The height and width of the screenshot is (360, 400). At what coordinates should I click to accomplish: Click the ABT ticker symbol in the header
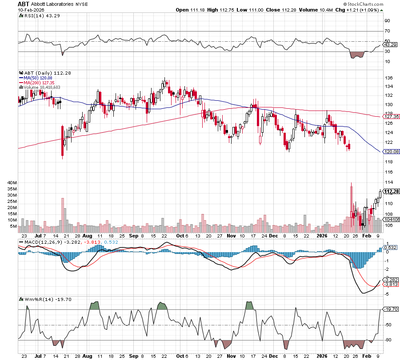click(23, 3)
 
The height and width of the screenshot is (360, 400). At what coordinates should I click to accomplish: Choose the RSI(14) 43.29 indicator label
click(37, 16)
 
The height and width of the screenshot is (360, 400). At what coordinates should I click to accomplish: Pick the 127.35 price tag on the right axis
click(390, 117)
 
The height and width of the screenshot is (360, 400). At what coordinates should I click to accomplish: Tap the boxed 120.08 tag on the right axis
click(390, 152)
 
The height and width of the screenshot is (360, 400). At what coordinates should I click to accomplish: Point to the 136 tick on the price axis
click(387, 78)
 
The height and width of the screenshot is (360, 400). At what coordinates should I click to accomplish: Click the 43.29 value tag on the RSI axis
click(389, 45)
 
